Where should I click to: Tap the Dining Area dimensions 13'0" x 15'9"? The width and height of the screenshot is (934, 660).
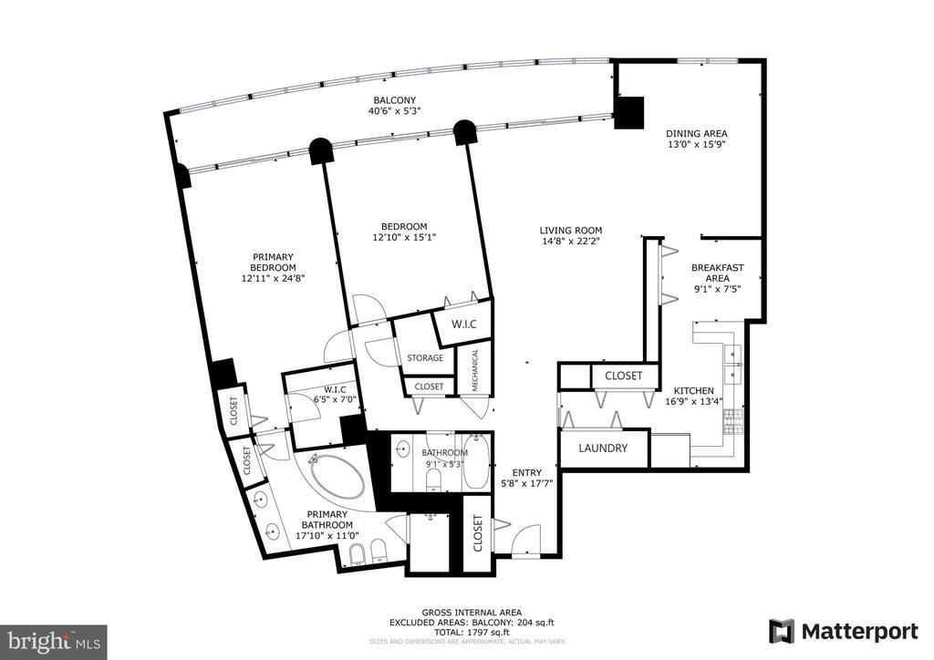[695, 144]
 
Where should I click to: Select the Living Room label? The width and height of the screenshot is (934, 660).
[570, 231]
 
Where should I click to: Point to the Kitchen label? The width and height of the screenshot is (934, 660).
[694, 390]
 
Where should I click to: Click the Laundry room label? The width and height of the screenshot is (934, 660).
[603, 449]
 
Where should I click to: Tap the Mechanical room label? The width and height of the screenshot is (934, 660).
[475, 369]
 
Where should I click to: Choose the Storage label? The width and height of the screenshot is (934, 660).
[425, 358]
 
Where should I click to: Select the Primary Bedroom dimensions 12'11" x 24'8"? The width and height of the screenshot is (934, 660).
[273, 279]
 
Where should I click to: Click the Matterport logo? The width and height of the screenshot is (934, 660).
[843, 631]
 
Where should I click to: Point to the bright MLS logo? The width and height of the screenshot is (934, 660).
[53, 642]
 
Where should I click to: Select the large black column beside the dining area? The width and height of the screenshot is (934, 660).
[629, 111]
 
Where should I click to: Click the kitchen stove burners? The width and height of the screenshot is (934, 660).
[731, 422]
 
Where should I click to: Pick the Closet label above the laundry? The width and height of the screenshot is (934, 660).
[623, 376]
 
